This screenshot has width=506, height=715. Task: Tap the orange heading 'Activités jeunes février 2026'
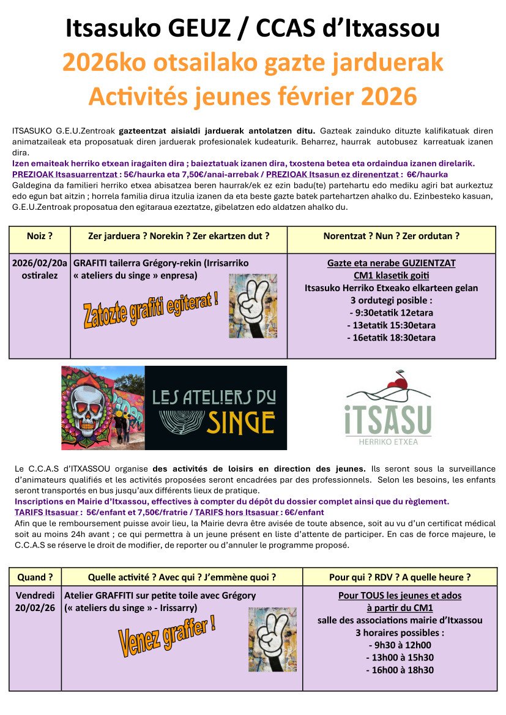click(253, 97)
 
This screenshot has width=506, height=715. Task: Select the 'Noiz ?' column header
click(40, 236)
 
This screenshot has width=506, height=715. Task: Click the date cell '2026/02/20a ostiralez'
click(40, 269)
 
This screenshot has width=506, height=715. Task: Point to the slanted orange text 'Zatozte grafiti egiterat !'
click(150, 309)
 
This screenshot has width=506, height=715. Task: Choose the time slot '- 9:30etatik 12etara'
click(391, 313)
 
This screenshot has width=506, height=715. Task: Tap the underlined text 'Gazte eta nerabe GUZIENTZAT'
click(391, 263)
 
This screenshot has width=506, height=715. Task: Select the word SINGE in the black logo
click(240, 422)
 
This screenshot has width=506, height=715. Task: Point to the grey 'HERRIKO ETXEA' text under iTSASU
click(388, 440)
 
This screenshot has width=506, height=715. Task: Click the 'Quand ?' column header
click(35, 577)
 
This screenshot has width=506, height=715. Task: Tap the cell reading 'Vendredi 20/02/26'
click(35, 601)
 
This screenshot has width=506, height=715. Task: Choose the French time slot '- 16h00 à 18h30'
click(400, 670)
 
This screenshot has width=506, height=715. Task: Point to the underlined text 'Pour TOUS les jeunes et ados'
click(400, 595)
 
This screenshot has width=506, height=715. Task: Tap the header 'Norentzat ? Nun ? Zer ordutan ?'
click(391, 236)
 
